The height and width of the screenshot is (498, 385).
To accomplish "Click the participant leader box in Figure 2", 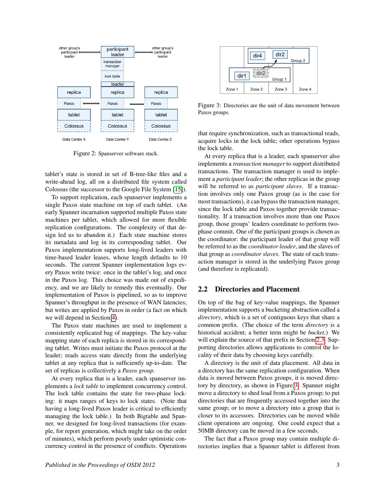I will pyautogui.click(x=117, y=52).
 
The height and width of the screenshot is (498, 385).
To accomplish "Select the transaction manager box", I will pyautogui.click(x=112, y=64).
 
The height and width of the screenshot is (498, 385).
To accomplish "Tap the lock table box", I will pyautogui.click(x=112, y=76).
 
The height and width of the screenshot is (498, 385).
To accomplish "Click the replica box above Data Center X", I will pyautogui.click(x=74, y=92).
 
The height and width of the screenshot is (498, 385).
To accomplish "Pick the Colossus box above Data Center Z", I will pyautogui.click(x=161, y=126).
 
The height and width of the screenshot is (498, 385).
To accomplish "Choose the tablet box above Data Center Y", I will pyautogui.click(x=117, y=115).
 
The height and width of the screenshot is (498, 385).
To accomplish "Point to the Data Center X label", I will pyautogui.click(x=74, y=139).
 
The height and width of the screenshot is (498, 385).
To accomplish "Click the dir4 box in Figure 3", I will pyautogui.click(x=257, y=56).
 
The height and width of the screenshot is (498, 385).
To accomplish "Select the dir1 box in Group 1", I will pyautogui.click(x=242, y=76).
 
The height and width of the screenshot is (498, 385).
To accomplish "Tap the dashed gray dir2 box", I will pyautogui.click(x=261, y=73).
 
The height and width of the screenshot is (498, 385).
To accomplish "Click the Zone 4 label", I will pyautogui.click(x=305, y=89).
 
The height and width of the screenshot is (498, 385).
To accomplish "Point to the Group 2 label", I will pyautogui.click(x=298, y=61).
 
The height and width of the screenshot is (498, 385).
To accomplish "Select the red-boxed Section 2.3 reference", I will pyautogui.click(x=321, y=340).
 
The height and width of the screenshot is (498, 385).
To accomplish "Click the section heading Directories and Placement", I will pyautogui.click(x=257, y=289).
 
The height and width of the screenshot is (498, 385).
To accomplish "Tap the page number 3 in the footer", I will pyautogui.click(x=338, y=465).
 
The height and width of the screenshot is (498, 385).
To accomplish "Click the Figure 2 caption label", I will pyautogui.click(x=84, y=153).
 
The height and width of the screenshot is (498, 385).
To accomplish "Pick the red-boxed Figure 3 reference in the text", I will pyautogui.click(x=296, y=385).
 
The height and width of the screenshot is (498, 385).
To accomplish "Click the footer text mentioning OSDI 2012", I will pyautogui.click(x=100, y=465).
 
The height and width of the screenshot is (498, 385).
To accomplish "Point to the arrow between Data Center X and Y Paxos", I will pyautogui.click(x=91, y=103).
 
